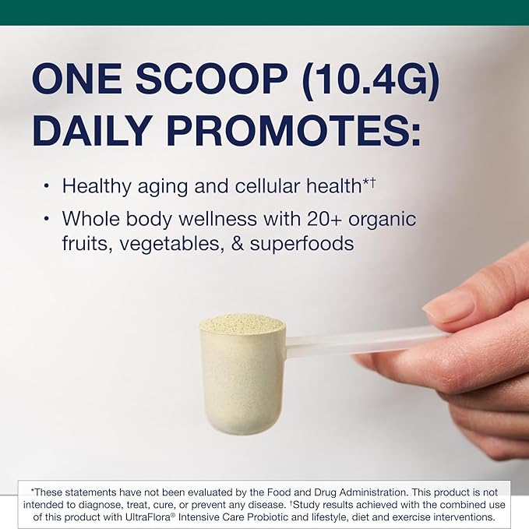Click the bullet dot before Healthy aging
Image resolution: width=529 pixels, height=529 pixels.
46,186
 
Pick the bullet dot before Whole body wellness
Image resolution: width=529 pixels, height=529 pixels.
46,218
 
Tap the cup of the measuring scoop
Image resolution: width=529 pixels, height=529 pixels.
242,378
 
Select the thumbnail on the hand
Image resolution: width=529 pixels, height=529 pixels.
449,306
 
